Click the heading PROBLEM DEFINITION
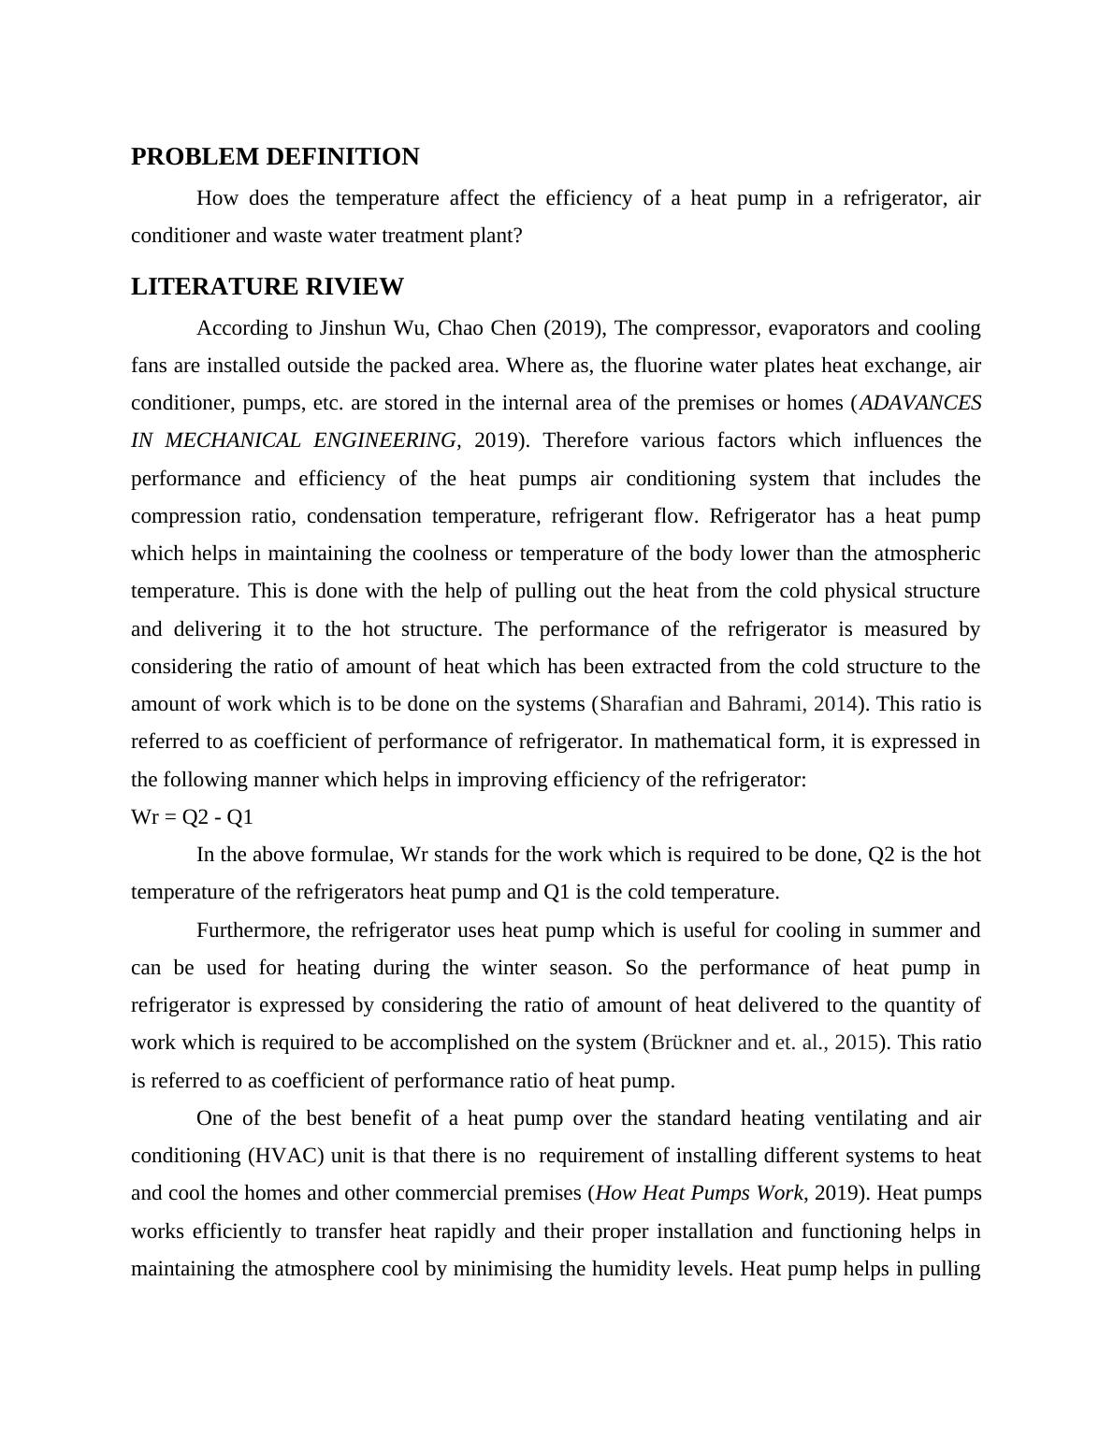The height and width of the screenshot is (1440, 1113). (275, 157)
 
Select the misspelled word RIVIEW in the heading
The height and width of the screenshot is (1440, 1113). (355, 287)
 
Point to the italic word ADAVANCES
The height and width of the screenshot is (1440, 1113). (920, 403)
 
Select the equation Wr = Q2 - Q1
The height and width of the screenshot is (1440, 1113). (192, 817)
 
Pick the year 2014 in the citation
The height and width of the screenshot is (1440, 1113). (836, 704)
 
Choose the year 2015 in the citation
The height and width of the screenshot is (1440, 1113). (856, 1043)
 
